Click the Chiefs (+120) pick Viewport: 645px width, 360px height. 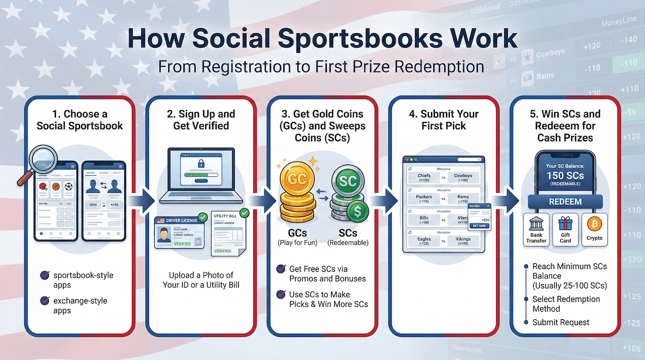pyautogui.click(x=424, y=177)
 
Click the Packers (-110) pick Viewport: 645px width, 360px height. pyautogui.click(x=424, y=199)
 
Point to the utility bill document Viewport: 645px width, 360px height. pyautogui.click(x=227, y=233)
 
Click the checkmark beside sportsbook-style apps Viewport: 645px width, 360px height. pyautogui.click(x=45, y=276)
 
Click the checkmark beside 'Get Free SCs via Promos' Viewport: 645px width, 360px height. pyautogui.click(x=280, y=269)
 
